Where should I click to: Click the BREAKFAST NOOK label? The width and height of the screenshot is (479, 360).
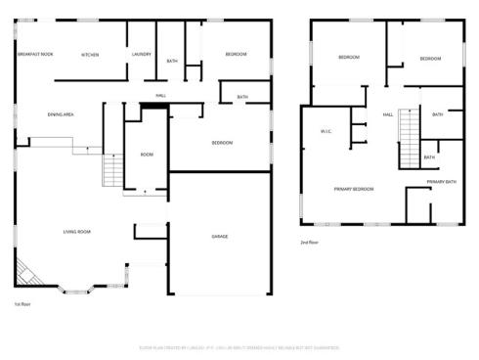click(x=34, y=55)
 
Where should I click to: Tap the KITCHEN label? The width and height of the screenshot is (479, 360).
click(x=91, y=55)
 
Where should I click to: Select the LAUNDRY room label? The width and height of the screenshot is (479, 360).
click(x=141, y=55)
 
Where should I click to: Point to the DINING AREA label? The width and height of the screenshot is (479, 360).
click(x=61, y=114)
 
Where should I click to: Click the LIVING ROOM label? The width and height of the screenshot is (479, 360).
click(x=77, y=232)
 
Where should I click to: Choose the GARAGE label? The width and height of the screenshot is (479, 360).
click(x=221, y=237)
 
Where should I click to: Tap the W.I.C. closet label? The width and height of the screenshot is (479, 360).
click(x=327, y=131)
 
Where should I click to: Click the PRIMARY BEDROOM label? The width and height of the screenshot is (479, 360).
click(x=353, y=188)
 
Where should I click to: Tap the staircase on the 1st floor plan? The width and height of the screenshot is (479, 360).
click(x=112, y=172)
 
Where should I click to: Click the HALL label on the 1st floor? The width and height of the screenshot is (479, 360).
click(x=160, y=96)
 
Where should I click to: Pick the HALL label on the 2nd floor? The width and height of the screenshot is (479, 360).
click(x=388, y=115)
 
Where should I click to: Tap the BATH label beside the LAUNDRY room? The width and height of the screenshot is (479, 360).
click(x=172, y=62)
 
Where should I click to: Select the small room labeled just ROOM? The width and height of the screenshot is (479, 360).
click(x=147, y=155)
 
